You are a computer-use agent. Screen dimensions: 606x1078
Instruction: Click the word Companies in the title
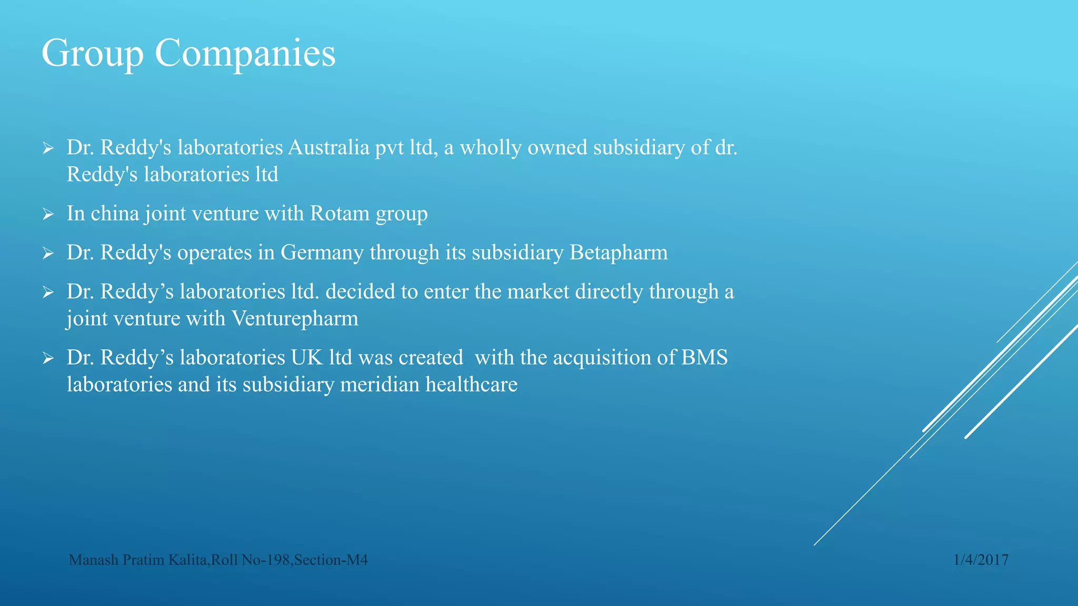245,53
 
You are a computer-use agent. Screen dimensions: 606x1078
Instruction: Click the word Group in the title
92,54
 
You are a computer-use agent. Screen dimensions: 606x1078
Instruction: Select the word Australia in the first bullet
328,148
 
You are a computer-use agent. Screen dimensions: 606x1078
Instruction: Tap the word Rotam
340,214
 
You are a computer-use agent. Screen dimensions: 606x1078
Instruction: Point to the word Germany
322,253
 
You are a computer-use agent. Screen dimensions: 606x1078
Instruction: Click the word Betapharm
618,253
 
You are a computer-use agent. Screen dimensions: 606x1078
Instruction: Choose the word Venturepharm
295,319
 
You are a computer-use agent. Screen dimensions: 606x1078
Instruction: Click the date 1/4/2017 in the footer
981,560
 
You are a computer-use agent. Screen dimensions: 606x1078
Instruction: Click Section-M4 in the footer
331,560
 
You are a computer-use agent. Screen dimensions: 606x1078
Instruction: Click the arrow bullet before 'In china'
48,214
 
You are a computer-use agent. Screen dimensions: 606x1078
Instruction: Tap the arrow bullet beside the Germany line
48,254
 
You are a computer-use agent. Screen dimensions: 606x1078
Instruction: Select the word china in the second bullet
115,214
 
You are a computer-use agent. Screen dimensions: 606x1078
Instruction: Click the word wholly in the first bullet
491,148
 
